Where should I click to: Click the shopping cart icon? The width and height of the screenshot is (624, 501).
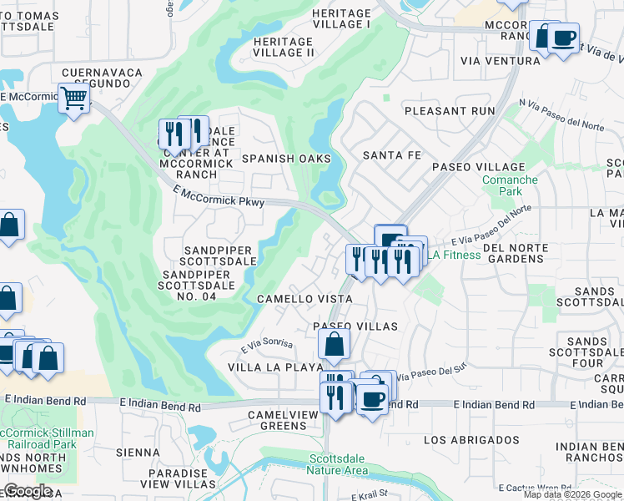(74, 99)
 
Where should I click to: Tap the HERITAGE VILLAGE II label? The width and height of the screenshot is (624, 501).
(283, 47)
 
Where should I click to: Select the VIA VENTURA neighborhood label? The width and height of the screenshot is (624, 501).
(501, 61)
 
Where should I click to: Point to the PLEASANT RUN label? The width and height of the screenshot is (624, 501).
(449, 110)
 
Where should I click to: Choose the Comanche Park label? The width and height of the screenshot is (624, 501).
(510, 185)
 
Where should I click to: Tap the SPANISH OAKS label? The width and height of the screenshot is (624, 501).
(286, 159)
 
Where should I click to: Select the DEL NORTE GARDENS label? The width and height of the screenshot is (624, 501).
(515, 254)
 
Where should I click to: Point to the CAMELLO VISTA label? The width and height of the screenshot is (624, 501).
(304, 298)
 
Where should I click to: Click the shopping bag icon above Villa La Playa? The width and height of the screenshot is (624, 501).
(334, 343)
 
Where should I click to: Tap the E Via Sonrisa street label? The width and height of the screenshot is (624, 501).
(267, 345)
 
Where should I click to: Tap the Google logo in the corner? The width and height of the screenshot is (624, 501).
(27, 490)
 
